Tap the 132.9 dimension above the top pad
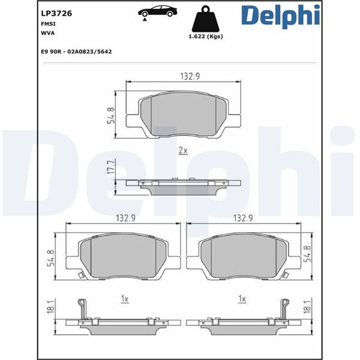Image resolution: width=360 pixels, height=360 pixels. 190,76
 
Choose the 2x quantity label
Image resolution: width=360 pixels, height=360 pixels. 183,151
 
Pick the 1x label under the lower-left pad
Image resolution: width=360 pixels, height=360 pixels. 124,298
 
